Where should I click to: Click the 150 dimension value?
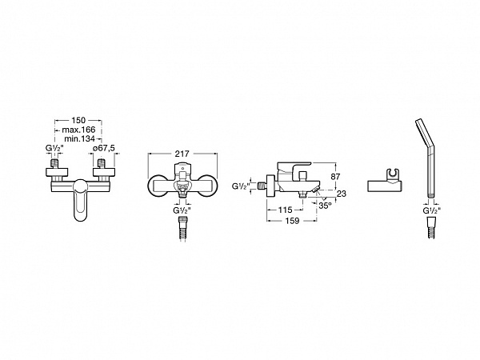[78, 120]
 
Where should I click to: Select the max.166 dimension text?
[78, 130]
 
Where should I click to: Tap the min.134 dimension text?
[79, 138]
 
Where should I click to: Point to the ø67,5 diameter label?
[104, 148]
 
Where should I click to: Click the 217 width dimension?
[182, 154]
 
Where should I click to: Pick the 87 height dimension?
[335, 177]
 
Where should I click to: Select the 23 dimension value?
[342, 194]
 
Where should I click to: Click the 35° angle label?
[325, 206]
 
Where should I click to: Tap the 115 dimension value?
[286, 210]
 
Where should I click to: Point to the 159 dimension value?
[292, 221]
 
